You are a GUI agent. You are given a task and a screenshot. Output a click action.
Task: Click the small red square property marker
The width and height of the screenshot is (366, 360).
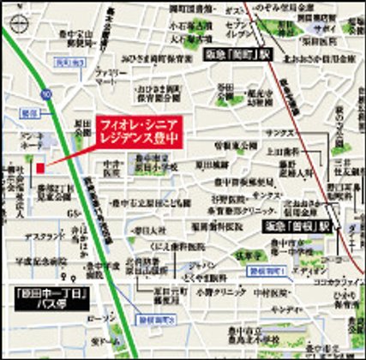point(39,168)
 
